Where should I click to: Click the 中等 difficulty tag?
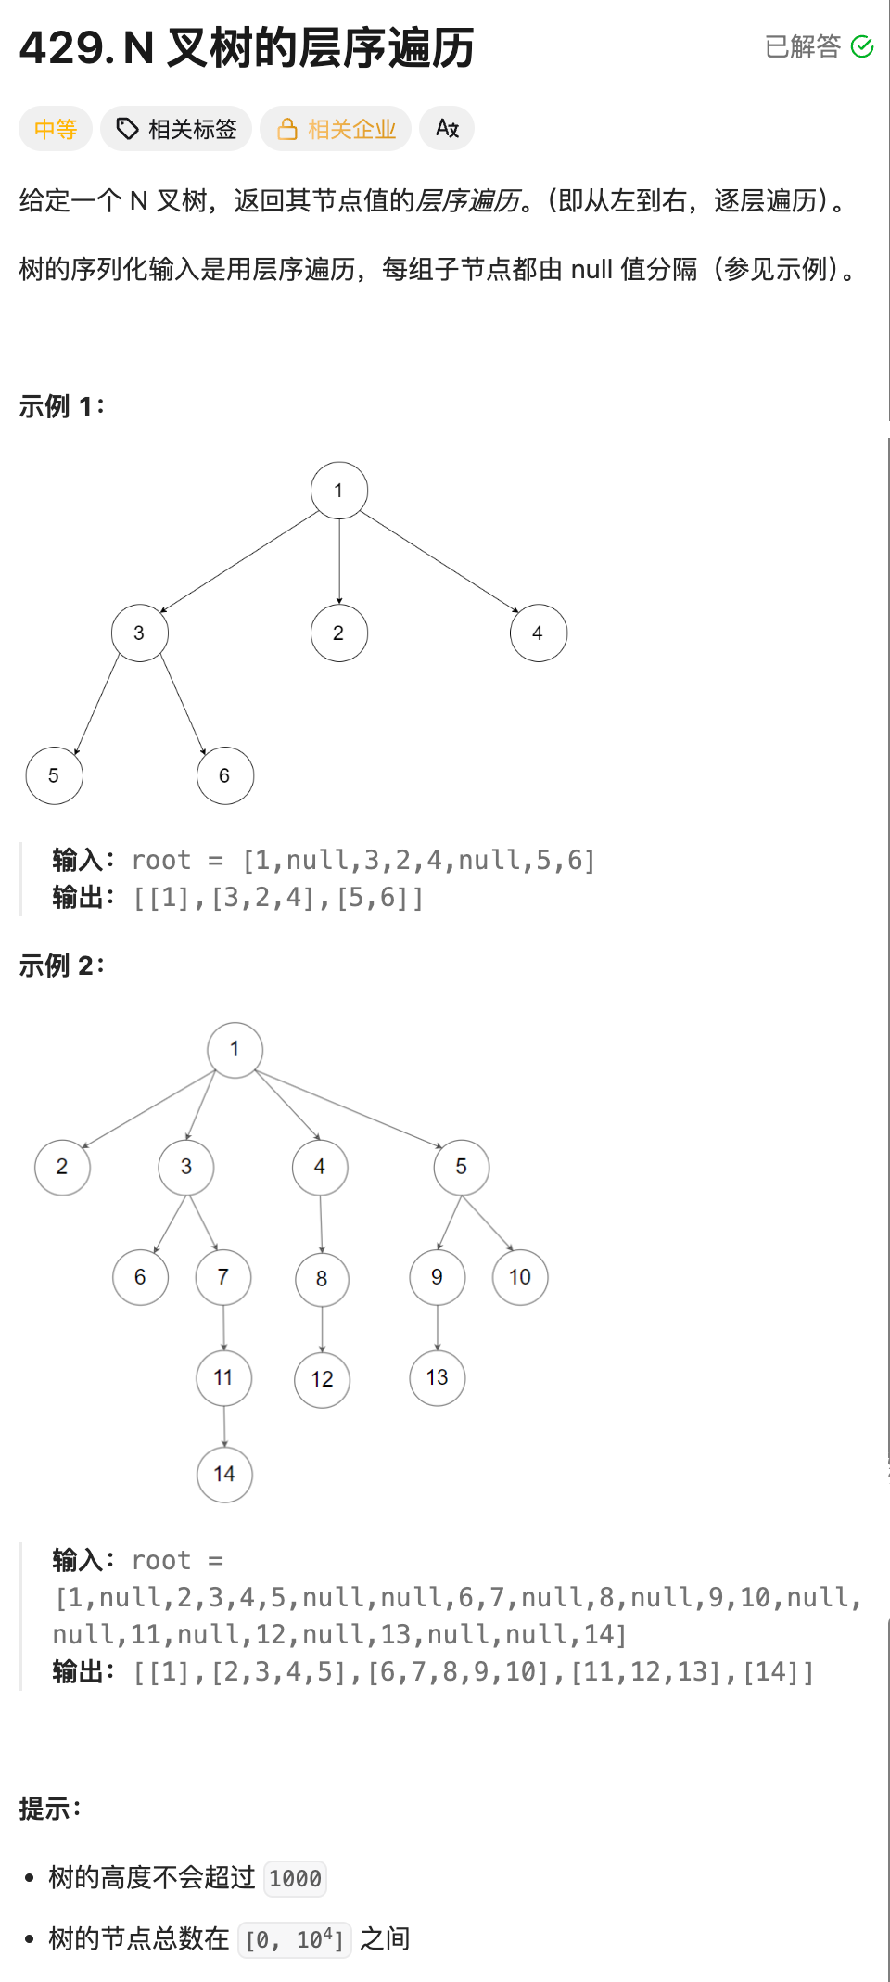click(x=55, y=129)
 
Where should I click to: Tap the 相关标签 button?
click(x=176, y=129)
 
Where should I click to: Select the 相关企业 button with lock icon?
click(x=336, y=129)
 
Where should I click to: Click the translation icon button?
click(x=447, y=129)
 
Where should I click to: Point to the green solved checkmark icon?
click(x=862, y=46)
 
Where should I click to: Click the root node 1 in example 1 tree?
click(x=339, y=491)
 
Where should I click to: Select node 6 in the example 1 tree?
click(x=224, y=775)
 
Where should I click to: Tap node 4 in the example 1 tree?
click(x=538, y=633)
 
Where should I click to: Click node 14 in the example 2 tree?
click(x=224, y=1474)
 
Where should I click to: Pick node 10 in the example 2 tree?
click(x=520, y=1277)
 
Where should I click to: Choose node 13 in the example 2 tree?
click(x=438, y=1377)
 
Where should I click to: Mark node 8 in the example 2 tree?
click(x=322, y=1279)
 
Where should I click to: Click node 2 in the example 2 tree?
click(x=62, y=1167)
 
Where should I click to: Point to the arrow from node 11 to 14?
click(x=224, y=1426)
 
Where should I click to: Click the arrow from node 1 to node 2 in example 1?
click(x=339, y=561)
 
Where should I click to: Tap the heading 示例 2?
click(x=61, y=965)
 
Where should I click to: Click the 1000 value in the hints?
click(x=295, y=1878)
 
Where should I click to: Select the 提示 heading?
click(x=50, y=1809)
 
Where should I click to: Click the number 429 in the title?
click(x=62, y=48)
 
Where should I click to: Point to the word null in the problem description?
click(x=591, y=270)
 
